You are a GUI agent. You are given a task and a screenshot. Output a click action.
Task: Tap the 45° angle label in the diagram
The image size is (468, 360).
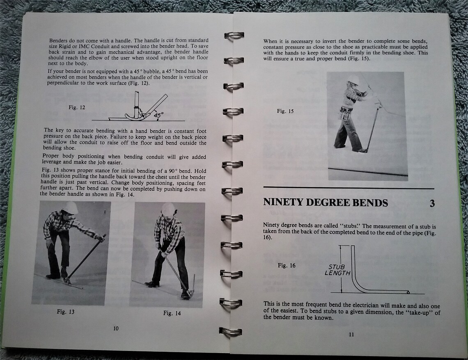158,115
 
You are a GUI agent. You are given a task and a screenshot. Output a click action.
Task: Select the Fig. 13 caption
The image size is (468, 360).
66,312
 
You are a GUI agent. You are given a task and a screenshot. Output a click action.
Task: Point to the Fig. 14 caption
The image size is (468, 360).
172,313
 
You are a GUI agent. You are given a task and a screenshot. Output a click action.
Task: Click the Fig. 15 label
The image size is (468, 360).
285,111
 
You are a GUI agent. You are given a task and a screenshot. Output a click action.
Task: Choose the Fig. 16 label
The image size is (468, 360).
287,265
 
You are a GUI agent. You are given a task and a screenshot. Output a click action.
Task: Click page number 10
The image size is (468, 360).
116,328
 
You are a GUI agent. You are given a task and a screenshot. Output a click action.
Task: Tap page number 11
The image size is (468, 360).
351,334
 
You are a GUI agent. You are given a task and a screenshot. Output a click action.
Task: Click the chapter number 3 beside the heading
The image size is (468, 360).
432,203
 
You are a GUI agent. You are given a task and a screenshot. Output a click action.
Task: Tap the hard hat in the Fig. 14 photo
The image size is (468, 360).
168,209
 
